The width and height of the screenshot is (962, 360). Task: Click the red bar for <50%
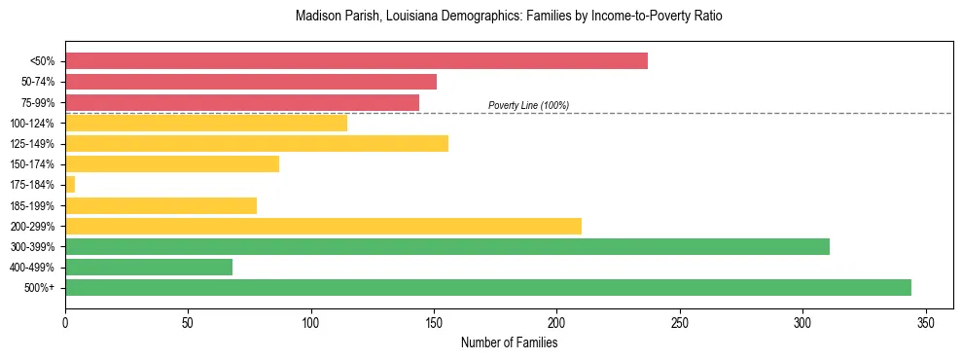click(x=356, y=61)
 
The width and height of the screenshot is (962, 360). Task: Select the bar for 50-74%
click(x=251, y=82)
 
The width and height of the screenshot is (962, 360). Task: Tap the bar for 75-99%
click(x=242, y=102)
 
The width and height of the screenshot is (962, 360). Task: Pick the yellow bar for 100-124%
click(x=206, y=123)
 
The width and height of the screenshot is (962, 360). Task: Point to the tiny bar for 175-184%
click(x=70, y=184)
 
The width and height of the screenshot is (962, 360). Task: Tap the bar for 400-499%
click(x=149, y=267)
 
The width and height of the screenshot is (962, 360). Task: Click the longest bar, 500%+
click(x=488, y=287)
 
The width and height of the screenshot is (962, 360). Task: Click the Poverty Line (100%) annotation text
click(x=528, y=105)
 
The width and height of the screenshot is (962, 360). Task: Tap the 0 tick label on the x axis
click(x=65, y=322)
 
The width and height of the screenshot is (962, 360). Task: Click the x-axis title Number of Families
click(x=509, y=342)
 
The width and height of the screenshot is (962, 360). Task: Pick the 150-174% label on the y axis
click(x=32, y=164)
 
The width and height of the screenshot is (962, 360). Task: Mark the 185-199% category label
click(x=32, y=205)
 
